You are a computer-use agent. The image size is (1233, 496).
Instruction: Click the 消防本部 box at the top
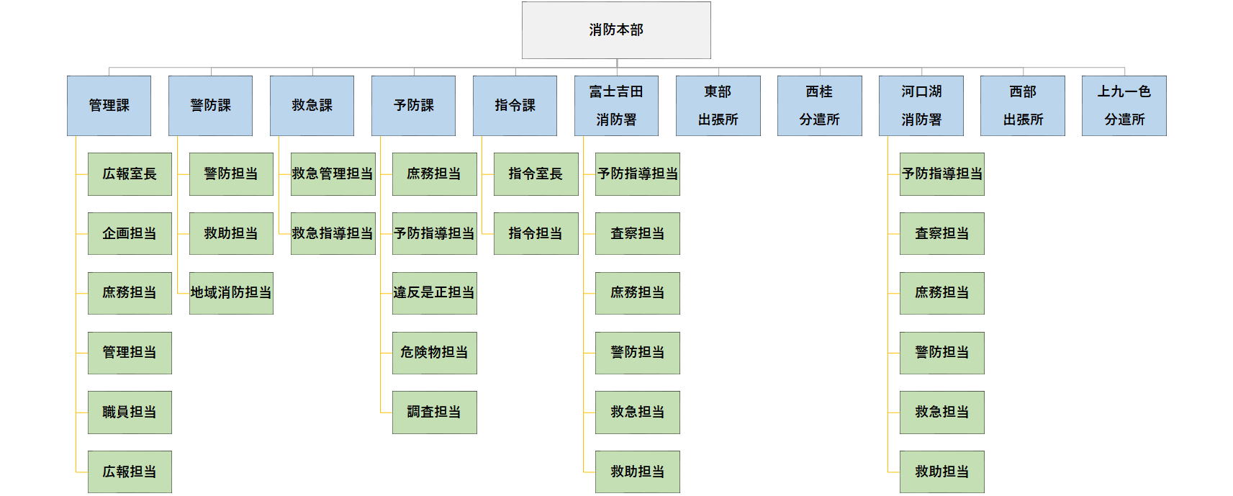(616, 30)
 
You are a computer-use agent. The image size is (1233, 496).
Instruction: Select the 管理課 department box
(109, 106)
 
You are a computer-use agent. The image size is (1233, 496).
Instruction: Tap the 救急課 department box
(312, 106)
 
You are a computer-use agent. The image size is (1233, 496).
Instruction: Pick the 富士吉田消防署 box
(616, 106)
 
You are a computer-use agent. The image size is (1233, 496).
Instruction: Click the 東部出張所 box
(718, 106)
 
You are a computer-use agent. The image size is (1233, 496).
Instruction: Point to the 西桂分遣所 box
(819, 106)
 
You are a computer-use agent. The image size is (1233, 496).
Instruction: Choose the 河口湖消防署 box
(921, 106)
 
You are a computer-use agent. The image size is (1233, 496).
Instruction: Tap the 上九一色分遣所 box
(1124, 106)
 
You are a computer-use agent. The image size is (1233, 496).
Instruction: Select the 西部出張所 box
(1022, 106)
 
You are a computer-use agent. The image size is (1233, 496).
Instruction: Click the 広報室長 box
(130, 174)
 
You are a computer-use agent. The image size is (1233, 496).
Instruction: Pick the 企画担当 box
(130, 233)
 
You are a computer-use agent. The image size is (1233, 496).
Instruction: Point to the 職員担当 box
(130, 412)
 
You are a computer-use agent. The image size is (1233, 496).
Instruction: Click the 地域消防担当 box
(231, 293)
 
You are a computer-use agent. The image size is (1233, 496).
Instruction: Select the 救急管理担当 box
(333, 174)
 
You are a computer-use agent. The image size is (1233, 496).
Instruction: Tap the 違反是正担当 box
(434, 293)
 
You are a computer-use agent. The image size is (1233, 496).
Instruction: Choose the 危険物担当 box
(434, 353)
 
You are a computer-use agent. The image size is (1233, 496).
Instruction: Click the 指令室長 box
(536, 174)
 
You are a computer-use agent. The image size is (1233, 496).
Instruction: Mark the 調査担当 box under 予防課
(434, 412)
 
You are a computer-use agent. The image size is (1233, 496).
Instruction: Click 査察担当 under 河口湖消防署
(941, 233)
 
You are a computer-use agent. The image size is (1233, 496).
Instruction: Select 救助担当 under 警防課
(231, 233)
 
